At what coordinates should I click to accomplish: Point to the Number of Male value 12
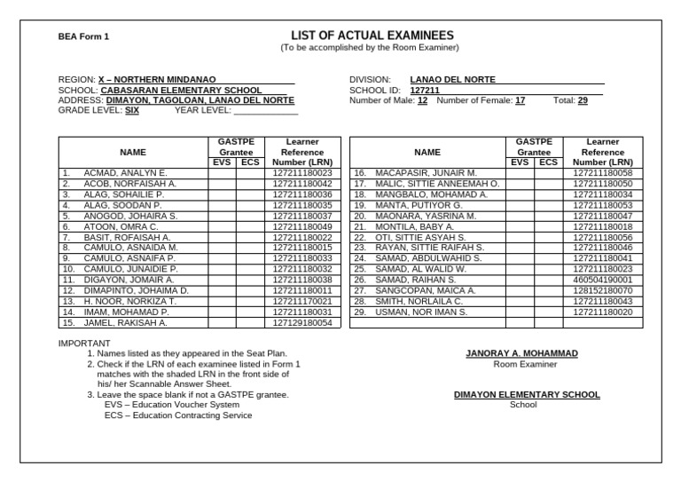(422, 101)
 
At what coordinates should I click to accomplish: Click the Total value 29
(583, 101)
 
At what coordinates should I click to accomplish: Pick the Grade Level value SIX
(131, 111)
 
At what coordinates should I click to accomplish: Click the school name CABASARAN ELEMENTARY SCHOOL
(181, 91)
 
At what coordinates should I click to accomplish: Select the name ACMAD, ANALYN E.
(125, 173)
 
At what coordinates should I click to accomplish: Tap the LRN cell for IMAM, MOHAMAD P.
(302, 312)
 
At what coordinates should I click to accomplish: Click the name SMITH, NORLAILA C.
(419, 301)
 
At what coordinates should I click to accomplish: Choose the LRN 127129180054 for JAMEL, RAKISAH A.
(302, 324)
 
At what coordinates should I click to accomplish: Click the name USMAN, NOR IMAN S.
(421, 312)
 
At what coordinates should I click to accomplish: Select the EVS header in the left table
(223, 162)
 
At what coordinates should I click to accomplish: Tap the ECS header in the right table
(548, 162)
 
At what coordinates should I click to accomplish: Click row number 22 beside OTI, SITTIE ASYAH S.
(360, 238)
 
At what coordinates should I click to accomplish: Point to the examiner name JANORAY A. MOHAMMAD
(521, 353)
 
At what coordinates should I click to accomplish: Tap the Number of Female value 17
(520, 101)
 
